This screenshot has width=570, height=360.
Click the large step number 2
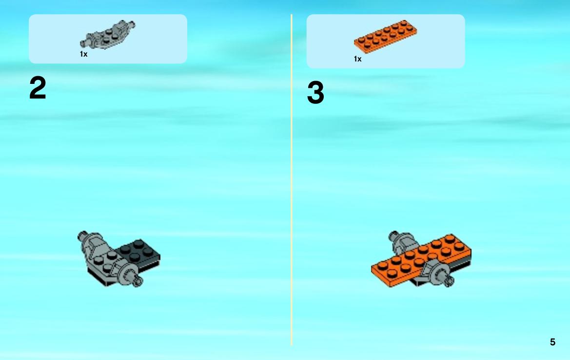(38, 88)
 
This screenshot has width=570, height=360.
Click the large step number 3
(315, 92)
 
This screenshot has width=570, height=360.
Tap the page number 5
(552, 342)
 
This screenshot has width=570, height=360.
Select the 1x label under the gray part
(83, 54)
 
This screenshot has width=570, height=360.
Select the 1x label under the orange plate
(358, 59)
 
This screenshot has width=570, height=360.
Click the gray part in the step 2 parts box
(107, 35)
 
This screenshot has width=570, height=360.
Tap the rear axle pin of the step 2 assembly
(82, 235)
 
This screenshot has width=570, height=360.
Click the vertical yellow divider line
(292, 180)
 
